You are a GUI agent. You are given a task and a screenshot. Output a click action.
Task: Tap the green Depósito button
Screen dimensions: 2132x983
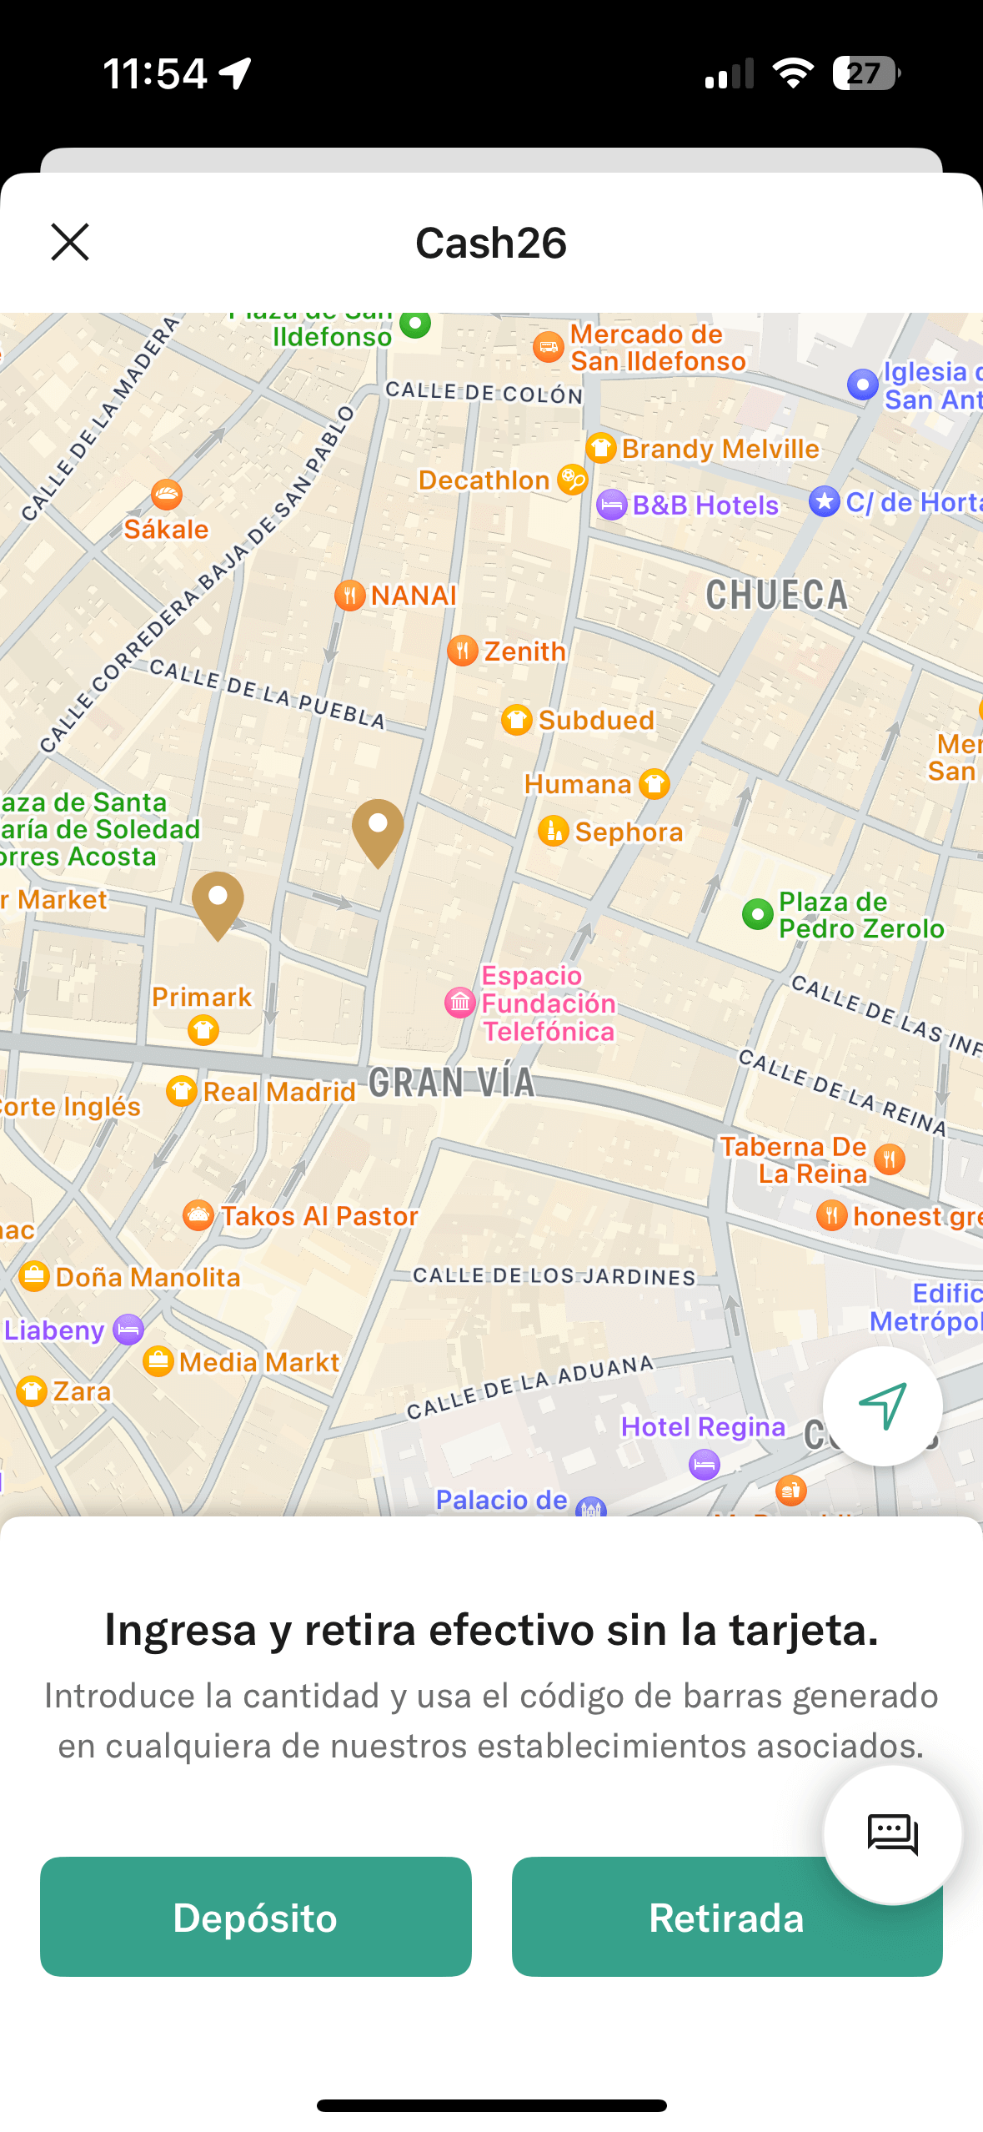point(255,1917)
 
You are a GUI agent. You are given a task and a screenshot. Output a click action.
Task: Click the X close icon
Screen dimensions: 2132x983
point(70,242)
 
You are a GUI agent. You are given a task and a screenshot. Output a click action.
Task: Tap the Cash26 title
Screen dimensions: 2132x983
point(491,243)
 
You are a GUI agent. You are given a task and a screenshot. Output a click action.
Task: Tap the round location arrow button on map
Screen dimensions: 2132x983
point(882,1406)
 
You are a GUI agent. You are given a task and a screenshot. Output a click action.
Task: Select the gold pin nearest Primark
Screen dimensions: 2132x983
point(218,903)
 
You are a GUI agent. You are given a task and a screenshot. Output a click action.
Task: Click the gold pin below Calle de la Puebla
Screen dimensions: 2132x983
point(378,830)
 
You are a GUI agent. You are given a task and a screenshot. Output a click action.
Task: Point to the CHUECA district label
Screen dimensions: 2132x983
point(776,596)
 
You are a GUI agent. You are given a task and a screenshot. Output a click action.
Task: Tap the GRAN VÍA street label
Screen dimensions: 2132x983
point(451,1083)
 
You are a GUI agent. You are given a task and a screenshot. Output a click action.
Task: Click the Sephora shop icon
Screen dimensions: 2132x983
point(553,831)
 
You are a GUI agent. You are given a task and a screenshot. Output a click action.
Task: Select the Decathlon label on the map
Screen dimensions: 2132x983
point(484,480)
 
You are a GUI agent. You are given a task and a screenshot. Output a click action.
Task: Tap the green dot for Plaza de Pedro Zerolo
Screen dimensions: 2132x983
point(757,914)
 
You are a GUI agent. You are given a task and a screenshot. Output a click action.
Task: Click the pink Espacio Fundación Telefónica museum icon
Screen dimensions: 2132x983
point(460,1003)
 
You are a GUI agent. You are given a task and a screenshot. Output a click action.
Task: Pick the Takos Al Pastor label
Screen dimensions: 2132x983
point(318,1216)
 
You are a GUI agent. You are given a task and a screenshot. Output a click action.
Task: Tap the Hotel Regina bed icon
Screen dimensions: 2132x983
point(705,1464)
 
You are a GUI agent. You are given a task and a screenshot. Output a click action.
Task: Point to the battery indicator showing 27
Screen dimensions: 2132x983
point(866,73)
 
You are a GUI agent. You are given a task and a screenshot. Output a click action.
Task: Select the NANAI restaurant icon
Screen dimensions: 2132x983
point(350,596)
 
